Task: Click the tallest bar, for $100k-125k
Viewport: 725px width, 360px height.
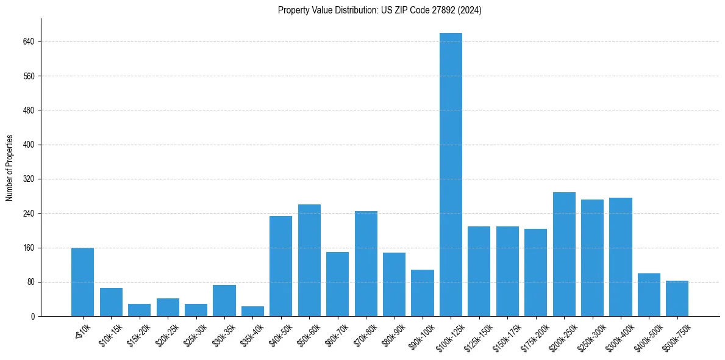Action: pyautogui.click(x=451, y=175)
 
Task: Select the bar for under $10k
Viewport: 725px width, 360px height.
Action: pyautogui.click(x=82, y=282)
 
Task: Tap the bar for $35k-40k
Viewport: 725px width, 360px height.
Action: pyautogui.click(x=252, y=311)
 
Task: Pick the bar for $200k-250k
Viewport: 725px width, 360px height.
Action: pyautogui.click(x=564, y=254)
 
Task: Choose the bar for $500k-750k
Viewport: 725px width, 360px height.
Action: pyautogui.click(x=677, y=298)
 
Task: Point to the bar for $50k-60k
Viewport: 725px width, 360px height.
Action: pyautogui.click(x=309, y=260)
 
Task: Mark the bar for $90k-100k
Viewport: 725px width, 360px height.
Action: pyautogui.click(x=423, y=293)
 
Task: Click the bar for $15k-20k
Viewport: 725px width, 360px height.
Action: pyautogui.click(x=139, y=310)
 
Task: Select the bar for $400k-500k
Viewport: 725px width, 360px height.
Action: pyautogui.click(x=649, y=295)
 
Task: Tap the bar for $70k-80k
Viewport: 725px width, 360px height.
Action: pyautogui.click(x=366, y=264)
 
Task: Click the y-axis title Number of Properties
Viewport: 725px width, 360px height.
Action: pyautogui.click(x=10, y=168)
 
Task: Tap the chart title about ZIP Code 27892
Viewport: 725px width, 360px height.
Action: pyautogui.click(x=380, y=10)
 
